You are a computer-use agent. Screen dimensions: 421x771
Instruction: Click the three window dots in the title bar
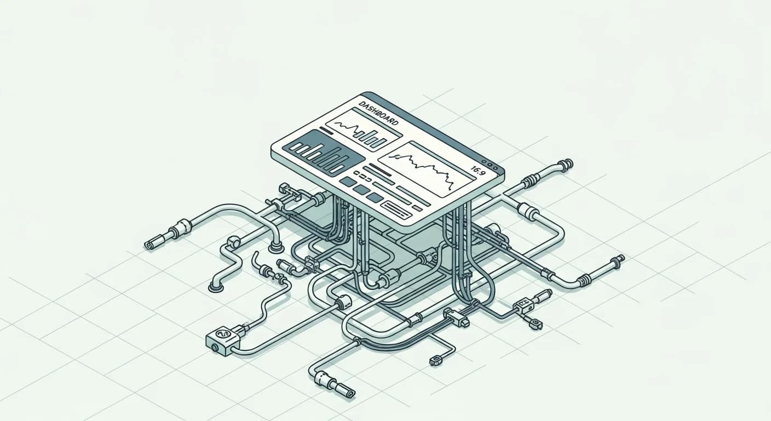click(492, 164)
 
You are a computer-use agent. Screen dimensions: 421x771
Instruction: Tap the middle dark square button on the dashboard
click(361, 190)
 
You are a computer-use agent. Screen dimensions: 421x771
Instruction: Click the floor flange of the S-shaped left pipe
click(216, 286)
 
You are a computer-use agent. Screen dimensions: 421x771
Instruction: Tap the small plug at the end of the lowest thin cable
click(436, 360)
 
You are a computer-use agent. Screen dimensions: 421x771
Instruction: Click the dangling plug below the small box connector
click(536, 325)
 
